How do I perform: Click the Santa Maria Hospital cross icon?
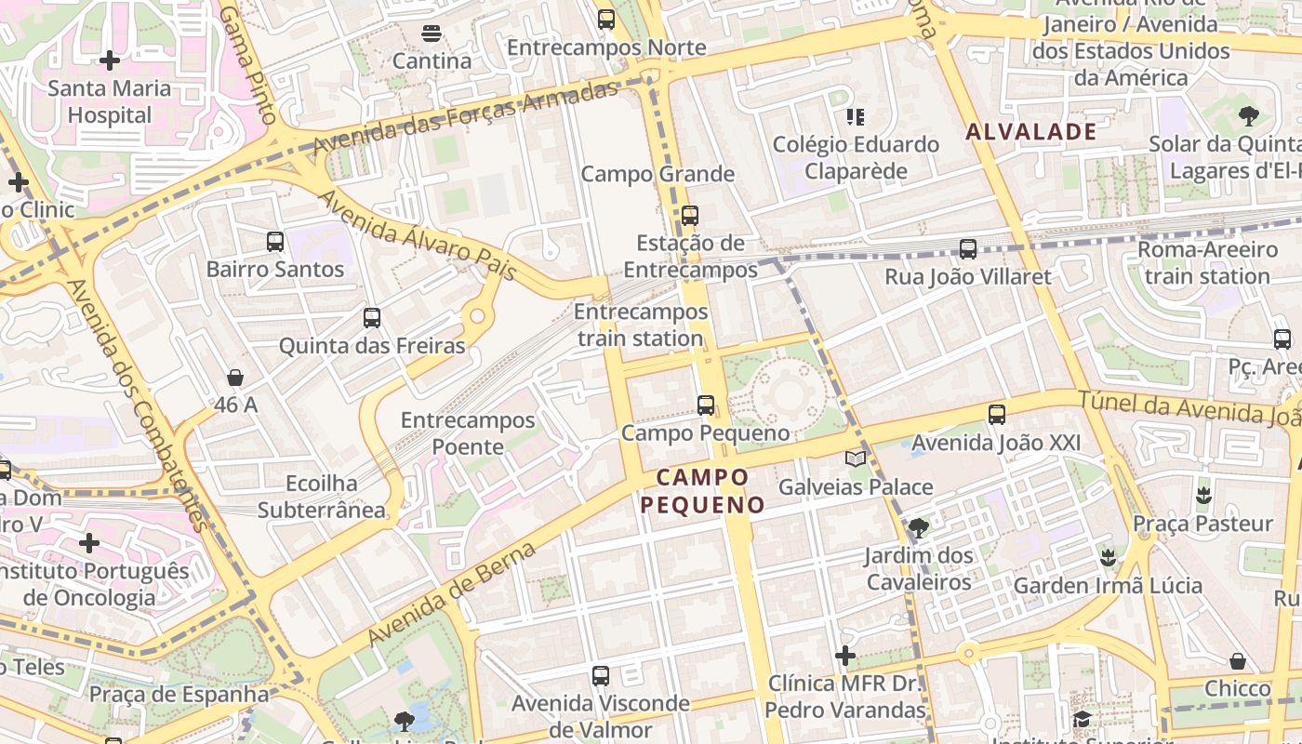pyautogui.click(x=110, y=61)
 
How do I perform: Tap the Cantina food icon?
pyautogui.click(x=431, y=33)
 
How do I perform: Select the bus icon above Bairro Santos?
pyautogui.click(x=275, y=242)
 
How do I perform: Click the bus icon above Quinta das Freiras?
pyautogui.click(x=372, y=318)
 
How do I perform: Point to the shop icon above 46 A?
pyautogui.click(x=235, y=378)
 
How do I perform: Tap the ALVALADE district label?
pyautogui.click(x=1031, y=132)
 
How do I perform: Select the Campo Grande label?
pyautogui.click(x=658, y=174)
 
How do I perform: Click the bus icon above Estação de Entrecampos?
pyautogui.click(x=689, y=216)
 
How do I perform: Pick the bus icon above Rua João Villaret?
pyautogui.click(x=968, y=249)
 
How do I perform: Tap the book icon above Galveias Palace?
pyautogui.click(x=856, y=458)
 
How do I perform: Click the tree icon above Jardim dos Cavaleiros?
pyautogui.click(x=918, y=528)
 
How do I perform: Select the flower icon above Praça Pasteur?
pyautogui.click(x=1204, y=495)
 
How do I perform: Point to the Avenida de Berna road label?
pyautogui.click(x=453, y=594)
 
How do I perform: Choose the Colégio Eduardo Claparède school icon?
pyautogui.click(x=855, y=117)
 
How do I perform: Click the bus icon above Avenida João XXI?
pyautogui.click(x=997, y=415)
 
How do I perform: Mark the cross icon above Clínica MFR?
pyautogui.click(x=845, y=656)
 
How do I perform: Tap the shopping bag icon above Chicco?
pyautogui.click(x=1238, y=661)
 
